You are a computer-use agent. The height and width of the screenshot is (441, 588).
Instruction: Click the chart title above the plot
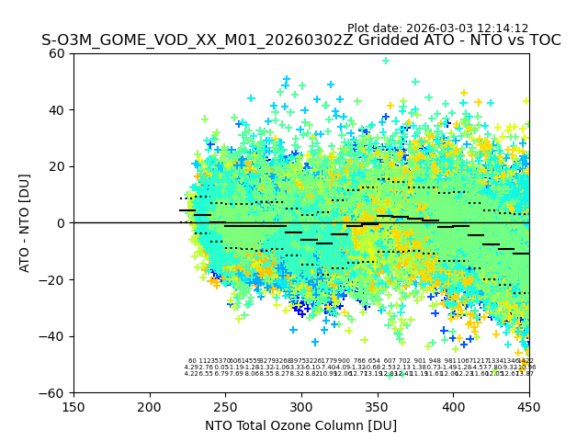tap(300, 41)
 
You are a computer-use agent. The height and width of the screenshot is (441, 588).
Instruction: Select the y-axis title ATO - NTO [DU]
tap(26, 223)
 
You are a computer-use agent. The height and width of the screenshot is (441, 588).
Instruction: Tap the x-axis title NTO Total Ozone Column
tap(300, 425)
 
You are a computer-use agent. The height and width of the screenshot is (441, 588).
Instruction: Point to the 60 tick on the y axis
tap(58, 53)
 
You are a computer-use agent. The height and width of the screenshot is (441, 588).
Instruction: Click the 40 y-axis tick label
tap(58, 110)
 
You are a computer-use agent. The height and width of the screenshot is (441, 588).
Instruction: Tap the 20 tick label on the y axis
tap(58, 166)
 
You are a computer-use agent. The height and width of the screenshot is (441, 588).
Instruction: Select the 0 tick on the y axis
tap(62, 223)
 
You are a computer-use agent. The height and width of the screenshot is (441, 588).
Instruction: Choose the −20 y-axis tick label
tap(53, 279)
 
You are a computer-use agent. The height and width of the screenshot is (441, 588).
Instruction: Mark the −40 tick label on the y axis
tap(53, 336)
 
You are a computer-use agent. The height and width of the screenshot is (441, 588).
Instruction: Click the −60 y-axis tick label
tap(53, 392)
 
